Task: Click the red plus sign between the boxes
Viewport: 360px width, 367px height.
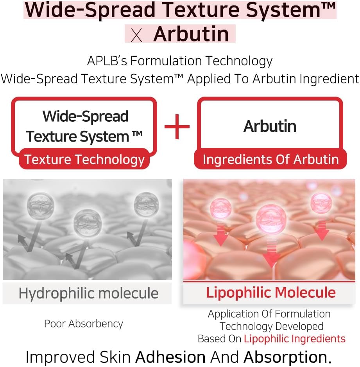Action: pyautogui.click(x=177, y=127)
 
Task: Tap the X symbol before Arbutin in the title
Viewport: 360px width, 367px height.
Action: pyautogui.click(x=136, y=35)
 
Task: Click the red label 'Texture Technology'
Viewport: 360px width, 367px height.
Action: pyautogui.click(x=84, y=159)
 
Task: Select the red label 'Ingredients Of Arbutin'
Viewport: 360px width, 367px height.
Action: pyautogui.click(x=271, y=159)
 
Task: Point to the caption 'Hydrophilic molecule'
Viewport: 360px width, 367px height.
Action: pyautogui.click(x=88, y=293)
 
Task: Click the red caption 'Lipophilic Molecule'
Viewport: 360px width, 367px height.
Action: pyautogui.click(x=271, y=292)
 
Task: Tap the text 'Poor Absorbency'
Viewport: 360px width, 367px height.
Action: pyautogui.click(x=84, y=324)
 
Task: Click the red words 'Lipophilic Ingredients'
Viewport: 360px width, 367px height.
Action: pyautogui.click(x=295, y=339)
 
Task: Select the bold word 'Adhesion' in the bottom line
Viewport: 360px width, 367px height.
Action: pyautogui.click(x=170, y=357)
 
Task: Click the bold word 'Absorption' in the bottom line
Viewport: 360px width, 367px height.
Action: pyautogui.click(x=285, y=357)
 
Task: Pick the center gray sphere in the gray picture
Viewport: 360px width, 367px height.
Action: pyautogui.click(x=88, y=223)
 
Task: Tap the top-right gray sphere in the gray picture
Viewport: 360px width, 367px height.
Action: pyautogui.click(x=147, y=204)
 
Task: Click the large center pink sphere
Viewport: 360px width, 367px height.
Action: pyautogui.click(x=271, y=219)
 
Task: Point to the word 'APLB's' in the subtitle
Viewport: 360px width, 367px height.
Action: pyautogui.click(x=107, y=61)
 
